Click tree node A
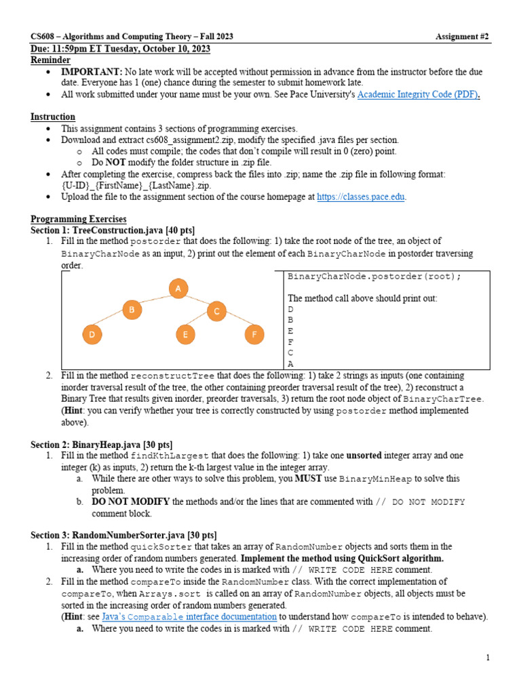[178, 289]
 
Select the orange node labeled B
[132, 310]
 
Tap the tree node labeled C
[216, 311]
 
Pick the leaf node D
[92, 335]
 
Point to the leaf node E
[185, 335]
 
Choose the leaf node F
[254, 335]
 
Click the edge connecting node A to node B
[155, 300]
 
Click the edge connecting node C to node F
[235, 323]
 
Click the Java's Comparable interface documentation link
[189, 617]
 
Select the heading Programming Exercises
[78, 219]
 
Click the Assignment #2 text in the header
[462, 37]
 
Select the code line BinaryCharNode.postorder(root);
[374, 277]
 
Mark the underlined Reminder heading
[50, 60]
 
